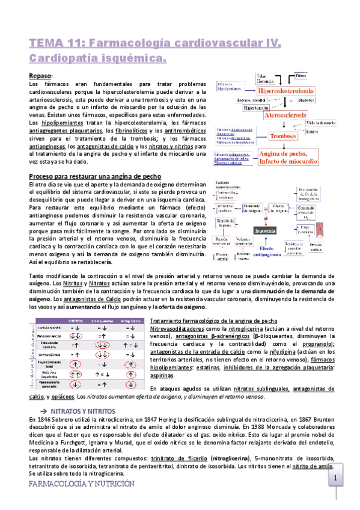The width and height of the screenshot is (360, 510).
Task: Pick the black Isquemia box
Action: [265, 230]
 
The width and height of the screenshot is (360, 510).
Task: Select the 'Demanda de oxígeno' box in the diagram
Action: [251, 207]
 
